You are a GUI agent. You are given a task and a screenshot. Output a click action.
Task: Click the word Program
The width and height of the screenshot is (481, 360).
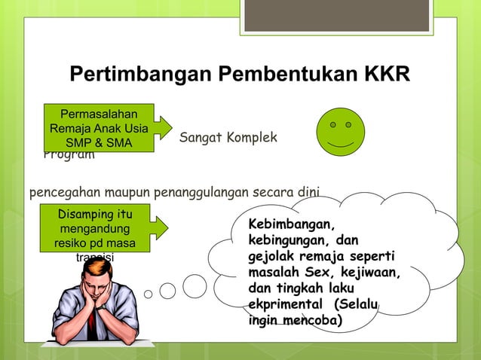tap(69, 156)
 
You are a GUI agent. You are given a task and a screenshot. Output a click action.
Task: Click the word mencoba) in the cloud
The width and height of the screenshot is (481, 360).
tap(313, 321)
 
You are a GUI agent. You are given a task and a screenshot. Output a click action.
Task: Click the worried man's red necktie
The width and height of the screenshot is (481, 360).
tap(91, 323)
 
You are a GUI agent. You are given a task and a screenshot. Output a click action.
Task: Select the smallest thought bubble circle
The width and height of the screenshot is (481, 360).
tap(149, 294)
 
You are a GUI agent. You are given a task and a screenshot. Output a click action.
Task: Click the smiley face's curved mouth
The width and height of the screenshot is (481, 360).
tap(341, 143)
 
